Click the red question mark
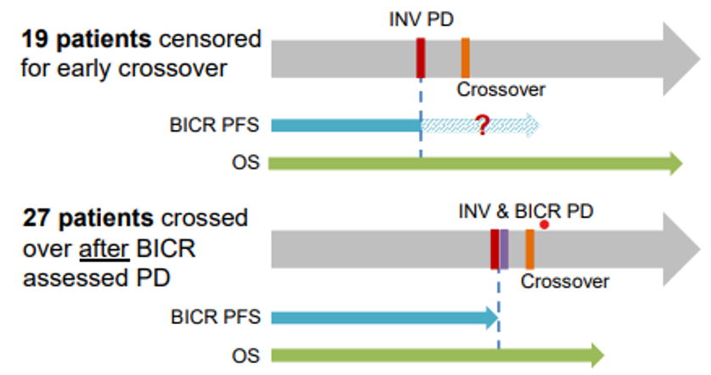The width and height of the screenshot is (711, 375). point(482,127)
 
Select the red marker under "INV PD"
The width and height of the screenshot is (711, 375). point(421,58)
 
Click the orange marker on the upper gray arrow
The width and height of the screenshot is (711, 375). point(466,58)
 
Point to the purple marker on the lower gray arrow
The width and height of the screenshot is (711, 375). point(504,249)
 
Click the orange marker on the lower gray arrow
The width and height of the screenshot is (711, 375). point(529,249)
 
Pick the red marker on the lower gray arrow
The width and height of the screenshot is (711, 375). point(495,249)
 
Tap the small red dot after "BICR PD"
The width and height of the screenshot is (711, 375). point(545,225)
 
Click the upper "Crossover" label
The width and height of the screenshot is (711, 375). point(501,89)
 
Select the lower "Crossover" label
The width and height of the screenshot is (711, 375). point(565,281)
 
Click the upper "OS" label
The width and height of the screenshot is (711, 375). point(243,163)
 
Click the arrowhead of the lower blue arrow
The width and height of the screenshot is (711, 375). point(491,317)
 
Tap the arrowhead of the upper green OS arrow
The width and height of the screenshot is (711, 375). point(675,164)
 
